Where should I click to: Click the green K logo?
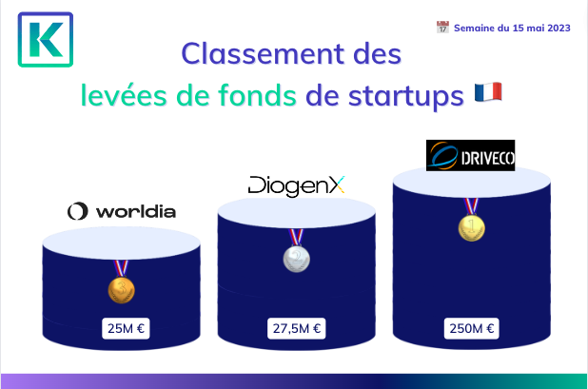[46, 40]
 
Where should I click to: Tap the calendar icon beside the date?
[442, 28]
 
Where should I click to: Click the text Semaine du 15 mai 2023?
[512, 29]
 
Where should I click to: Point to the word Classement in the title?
[263, 53]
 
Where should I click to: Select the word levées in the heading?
[124, 95]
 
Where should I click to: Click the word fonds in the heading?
[257, 95]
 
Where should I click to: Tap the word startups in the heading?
[406, 97]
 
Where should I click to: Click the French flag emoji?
[488, 92]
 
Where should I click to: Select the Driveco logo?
[470, 156]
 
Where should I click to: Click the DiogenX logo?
[296, 185]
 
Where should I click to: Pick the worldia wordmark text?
[136, 212]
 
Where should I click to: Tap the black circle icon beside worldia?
[78, 211]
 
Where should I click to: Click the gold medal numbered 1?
[471, 228]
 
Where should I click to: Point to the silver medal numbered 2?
[296, 259]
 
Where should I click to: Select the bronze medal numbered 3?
[121, 290]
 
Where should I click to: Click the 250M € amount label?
[471, 329]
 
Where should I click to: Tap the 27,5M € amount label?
[296, 329]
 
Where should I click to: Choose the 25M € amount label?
[126, 329]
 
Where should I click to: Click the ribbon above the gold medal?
[471, 206]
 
